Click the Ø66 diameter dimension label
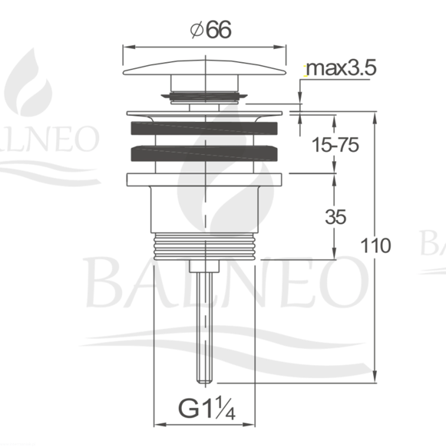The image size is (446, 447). click(x=210, y=30)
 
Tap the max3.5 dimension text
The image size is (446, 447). click(x=341, y=67)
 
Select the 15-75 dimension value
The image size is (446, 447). click(x=335, y=145)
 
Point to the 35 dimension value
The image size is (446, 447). click(x=335, y=217)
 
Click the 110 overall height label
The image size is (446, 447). click(x=375, y=245)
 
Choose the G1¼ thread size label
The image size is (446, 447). click(x=206, y=409)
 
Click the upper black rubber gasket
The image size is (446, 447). click(x=204, y=128)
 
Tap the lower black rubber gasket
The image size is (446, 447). click(x=204, y=153)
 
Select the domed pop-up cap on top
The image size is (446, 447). click(x=204, y=67)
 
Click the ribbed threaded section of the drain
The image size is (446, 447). click(x=204, y=246)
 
